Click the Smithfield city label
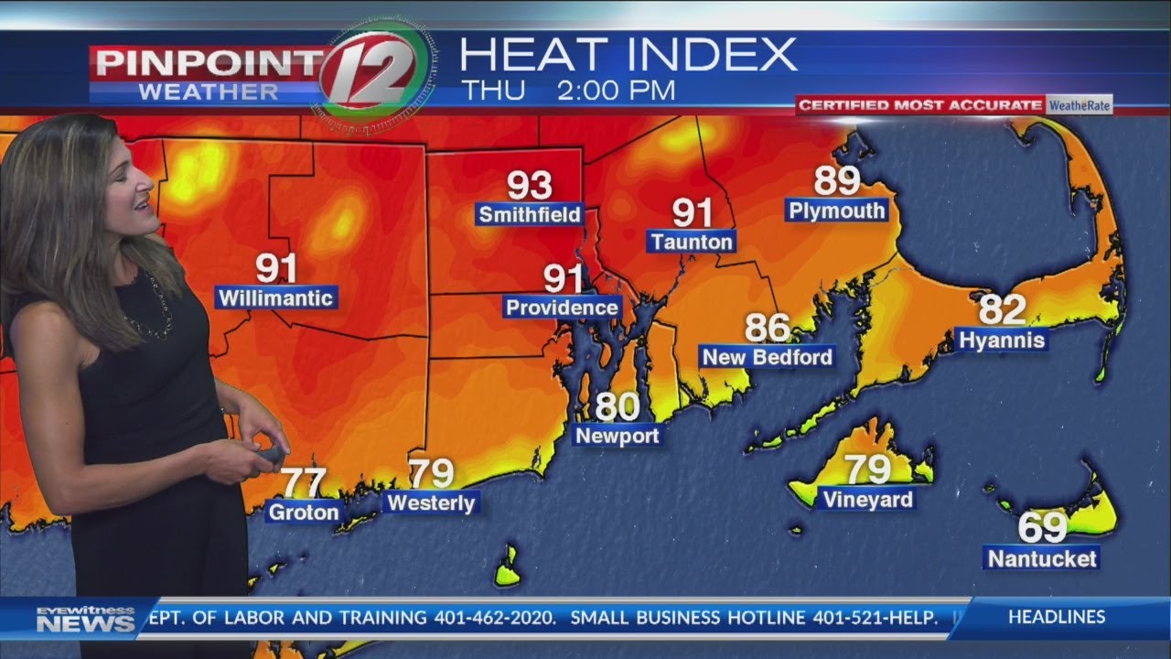click(530, 215)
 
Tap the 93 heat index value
click(530, 185)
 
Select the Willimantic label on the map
click(276, 298)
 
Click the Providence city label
click(562, 308)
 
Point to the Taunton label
click(692, 242)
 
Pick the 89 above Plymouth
click(836, 181)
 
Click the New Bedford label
click(767, 357)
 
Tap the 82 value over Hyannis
click(1002, 310)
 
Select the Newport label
click(617, 436)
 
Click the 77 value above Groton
click(303, 482)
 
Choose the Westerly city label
click(431, 502)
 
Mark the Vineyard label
click(867, 500)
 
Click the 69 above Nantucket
click(1042, 528)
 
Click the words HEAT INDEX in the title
click(628, 55)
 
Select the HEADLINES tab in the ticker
click(1057, 617)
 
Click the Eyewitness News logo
click(85, 620)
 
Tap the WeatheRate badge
click(1080, 105)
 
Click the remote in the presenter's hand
click(271, 454)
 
